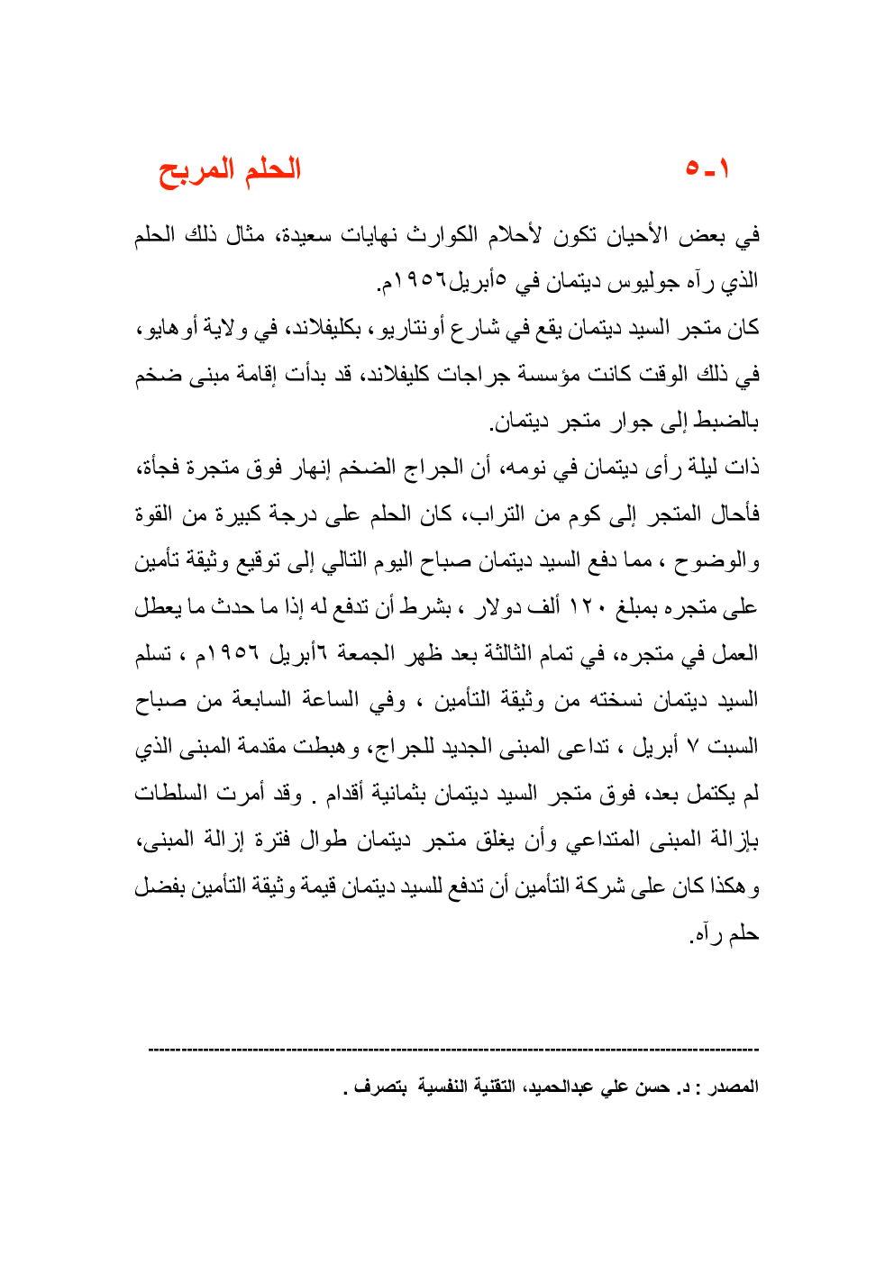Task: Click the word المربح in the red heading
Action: pyautogui.click(x=190, y=170)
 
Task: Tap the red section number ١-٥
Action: pyautogui.click(x=707, y=168)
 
